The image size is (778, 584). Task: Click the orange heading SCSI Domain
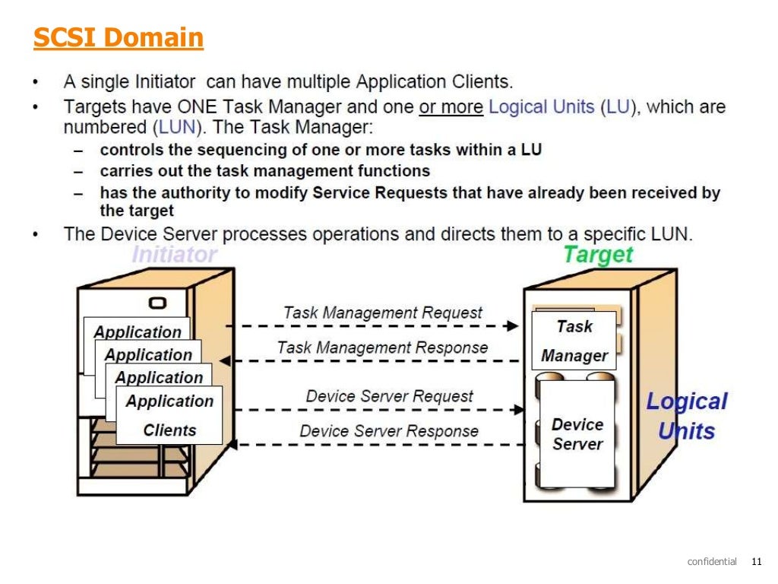(x=119, y=37)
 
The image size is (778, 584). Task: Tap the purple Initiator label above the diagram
(x=175, y=255)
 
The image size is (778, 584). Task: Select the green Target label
(x=598, y=255)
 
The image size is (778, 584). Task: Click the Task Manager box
(x=574, y=341)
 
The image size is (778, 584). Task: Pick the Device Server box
(x=577, y=434)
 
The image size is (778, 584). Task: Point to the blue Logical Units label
(x=686, y=416)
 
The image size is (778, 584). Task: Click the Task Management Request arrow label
(x=382, y=313)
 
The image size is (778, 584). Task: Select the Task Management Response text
(x=382, y=348)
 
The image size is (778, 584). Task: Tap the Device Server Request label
(x=389, y=396)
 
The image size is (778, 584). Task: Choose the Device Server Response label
(x=389, y=431)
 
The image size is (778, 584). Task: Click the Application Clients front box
(x=169, y=415)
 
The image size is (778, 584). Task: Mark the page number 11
(x=755, y=562)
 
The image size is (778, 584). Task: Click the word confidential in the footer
(x=712, y=562)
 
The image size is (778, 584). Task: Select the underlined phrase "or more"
(x=451, y=107)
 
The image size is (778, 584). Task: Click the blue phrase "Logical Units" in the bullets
(x=542, y=107)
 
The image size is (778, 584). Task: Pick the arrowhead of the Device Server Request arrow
(x=520, y=410)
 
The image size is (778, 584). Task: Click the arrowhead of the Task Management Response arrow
(x=236, y=360)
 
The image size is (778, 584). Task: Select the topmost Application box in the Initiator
(x=137, y=332)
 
